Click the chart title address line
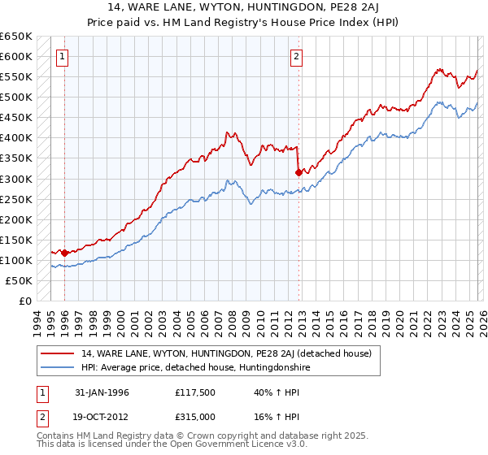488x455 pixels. point(244,6)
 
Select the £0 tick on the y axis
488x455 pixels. point(25,301)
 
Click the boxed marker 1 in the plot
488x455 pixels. point(63,57)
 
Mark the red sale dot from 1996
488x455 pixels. point(65,253)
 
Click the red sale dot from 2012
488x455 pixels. point(298,172)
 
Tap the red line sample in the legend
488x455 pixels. point(59,353)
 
